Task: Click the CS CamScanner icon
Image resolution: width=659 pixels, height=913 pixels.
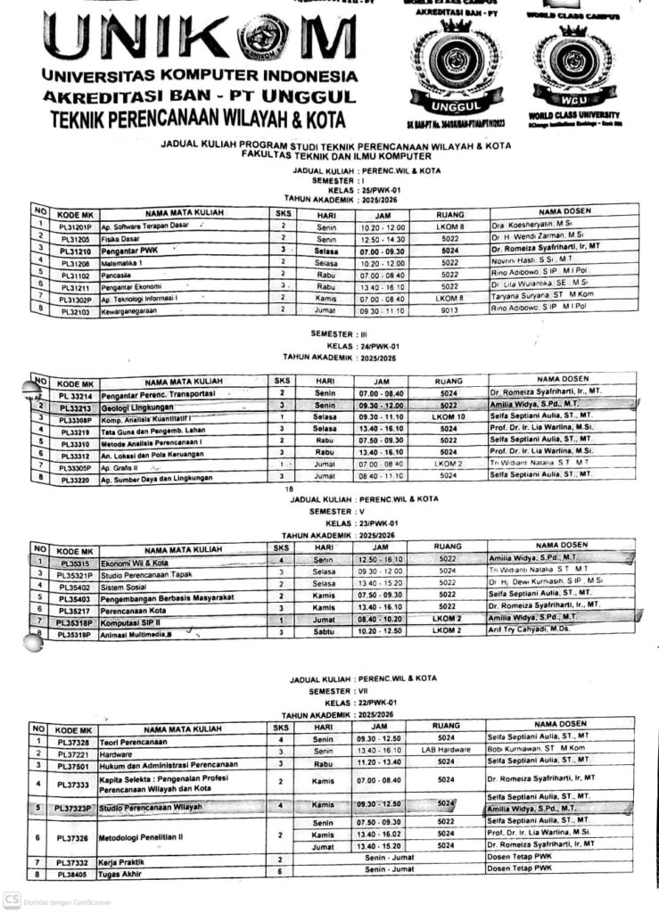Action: (x=11, y=900)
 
